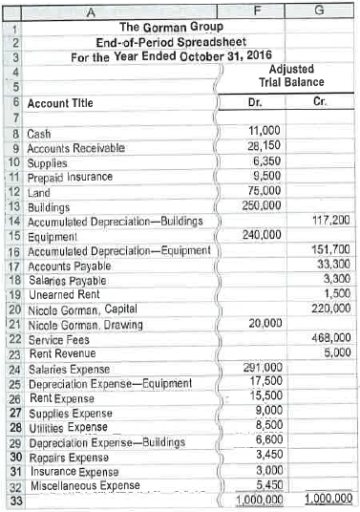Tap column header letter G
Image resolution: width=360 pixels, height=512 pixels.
pyautogui.click(x=330, y=10)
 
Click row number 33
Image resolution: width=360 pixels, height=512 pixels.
pyautogui.click(x=14, y=500)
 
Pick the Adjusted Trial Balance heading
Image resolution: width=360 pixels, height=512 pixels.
pyautogui.click(x=298, y=76)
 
